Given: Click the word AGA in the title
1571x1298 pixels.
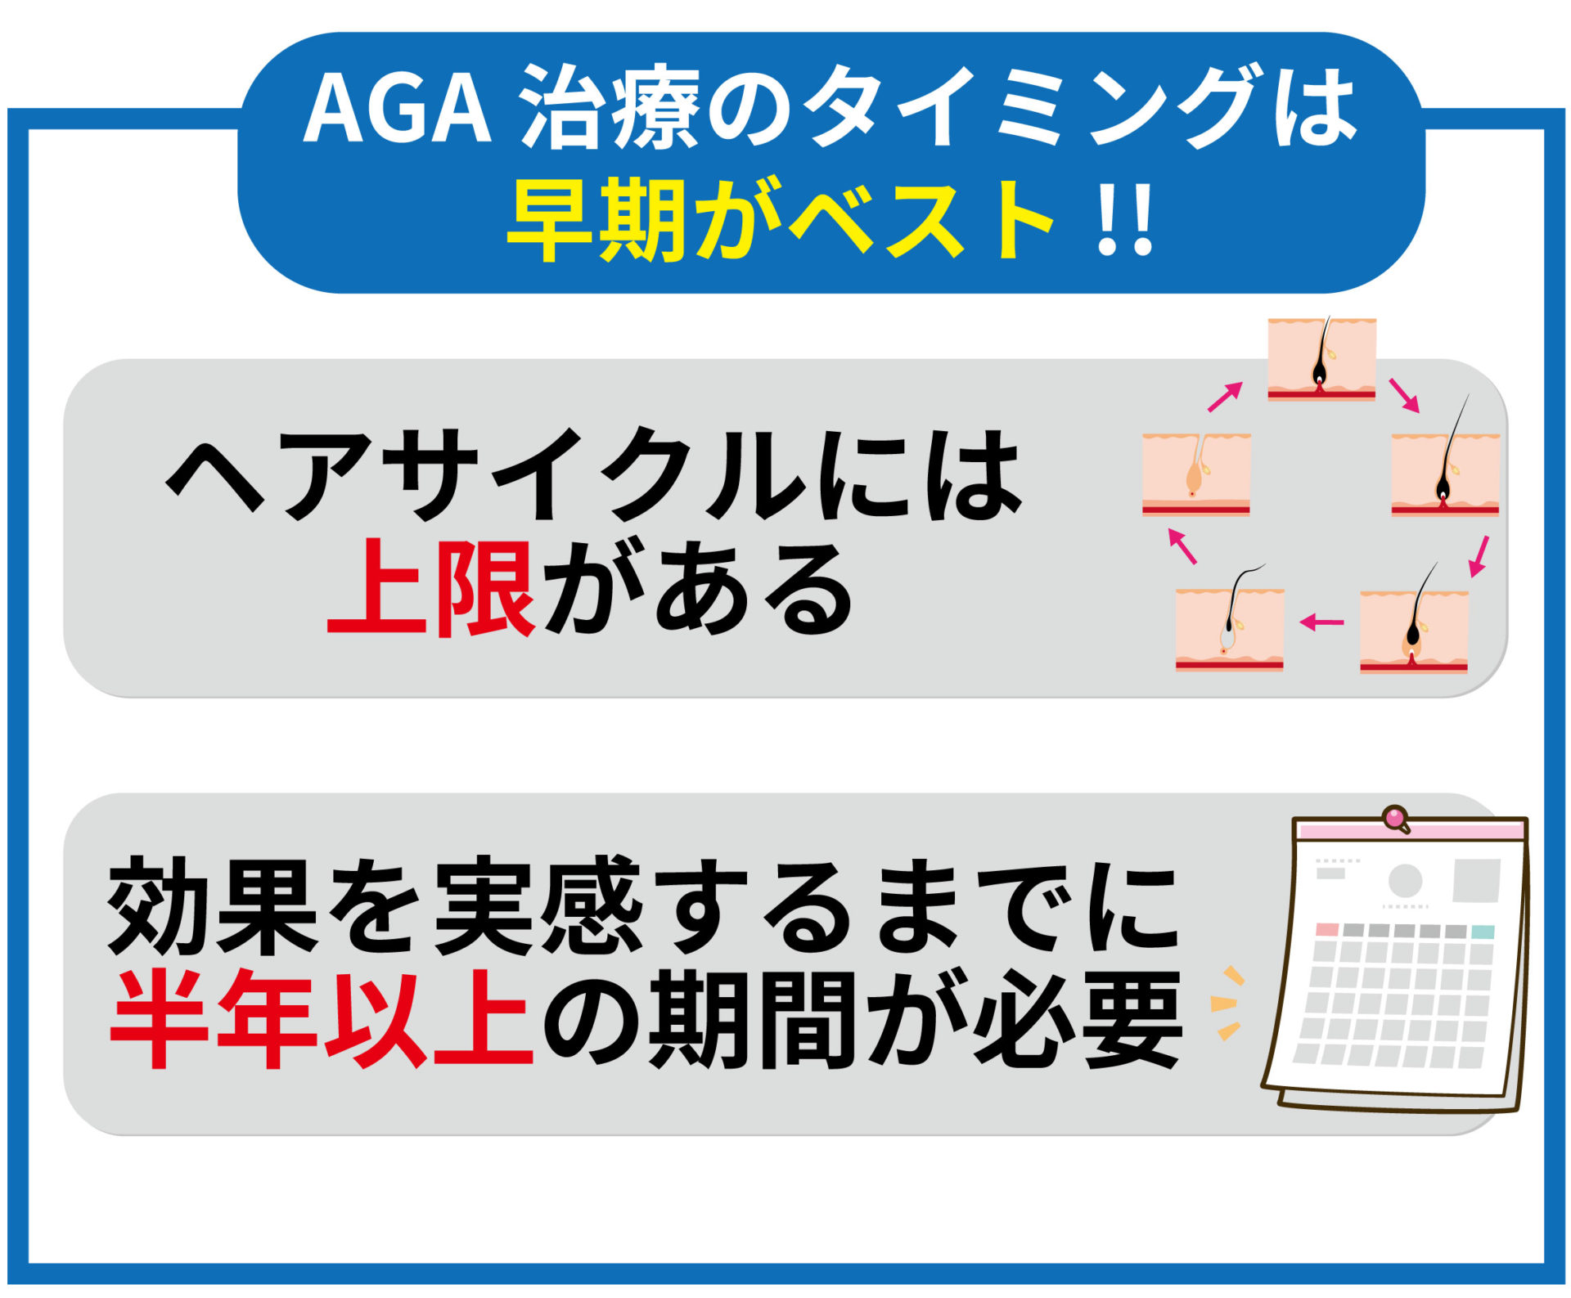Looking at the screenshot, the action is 397,108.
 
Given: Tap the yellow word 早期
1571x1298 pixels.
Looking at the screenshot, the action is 596,221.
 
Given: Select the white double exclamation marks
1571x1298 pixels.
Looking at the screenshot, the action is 1126,221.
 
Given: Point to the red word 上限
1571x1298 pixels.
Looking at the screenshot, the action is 431,587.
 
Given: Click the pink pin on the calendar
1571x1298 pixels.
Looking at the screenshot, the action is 1395,818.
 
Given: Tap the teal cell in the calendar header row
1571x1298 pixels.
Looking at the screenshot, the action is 1483,932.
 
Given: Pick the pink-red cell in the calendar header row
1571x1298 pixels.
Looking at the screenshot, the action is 1327,930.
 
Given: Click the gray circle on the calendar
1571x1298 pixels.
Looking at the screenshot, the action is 1406,881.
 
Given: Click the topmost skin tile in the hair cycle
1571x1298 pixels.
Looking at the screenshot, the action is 1321,359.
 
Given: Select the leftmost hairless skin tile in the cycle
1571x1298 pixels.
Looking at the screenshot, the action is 1196,475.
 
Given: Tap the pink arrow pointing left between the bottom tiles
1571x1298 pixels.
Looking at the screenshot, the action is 1321,623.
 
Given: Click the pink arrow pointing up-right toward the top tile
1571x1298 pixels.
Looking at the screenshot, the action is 1225,397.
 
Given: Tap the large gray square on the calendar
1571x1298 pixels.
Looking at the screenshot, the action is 1476,880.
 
